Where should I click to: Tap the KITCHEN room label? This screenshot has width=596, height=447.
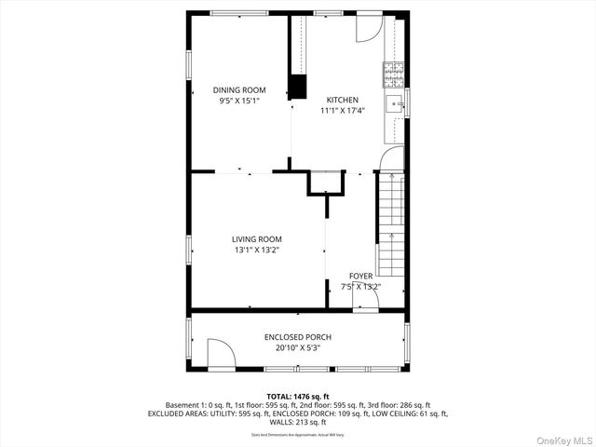342,100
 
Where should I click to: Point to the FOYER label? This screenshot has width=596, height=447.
360,277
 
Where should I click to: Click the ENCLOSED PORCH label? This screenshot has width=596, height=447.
297,337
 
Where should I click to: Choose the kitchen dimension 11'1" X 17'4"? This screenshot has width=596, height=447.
342,110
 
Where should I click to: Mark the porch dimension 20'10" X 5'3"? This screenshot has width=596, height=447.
297,347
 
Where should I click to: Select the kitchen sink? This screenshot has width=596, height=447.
395,102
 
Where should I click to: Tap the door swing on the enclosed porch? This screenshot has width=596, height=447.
220,354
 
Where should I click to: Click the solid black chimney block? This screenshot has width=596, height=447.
298,86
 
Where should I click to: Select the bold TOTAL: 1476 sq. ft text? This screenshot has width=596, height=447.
298,396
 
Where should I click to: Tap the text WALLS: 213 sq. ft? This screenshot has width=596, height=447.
298,421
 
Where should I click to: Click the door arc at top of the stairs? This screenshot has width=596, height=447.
392,159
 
